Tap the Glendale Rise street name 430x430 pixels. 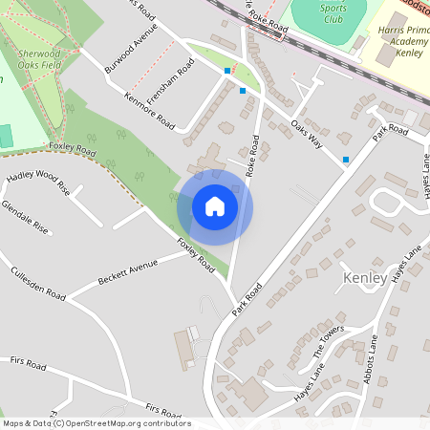(x=25, y=218)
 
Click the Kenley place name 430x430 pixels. (x=364, y=278)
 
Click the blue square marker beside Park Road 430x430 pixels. (x=345, y=159)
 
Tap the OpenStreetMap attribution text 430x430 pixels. (x=96, y=423)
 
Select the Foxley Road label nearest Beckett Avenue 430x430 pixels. (x=195, y=257)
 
